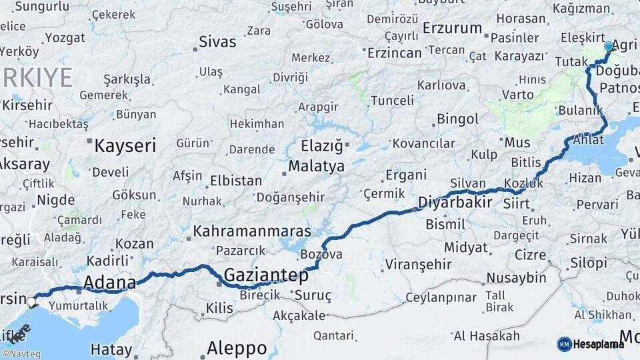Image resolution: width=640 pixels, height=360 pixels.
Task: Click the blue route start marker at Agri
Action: click(608, 47)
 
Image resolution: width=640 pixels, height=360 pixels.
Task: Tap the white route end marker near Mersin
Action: click(32, 302)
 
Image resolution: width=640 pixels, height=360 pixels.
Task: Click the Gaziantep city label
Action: click(266, 275)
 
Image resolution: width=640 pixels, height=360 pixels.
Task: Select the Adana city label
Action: click(109, 282)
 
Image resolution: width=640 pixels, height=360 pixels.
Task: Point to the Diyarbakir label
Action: click(455, 203)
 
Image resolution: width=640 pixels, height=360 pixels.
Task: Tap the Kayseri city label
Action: click(125, 146)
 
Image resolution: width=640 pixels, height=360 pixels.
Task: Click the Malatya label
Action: click(316, 166)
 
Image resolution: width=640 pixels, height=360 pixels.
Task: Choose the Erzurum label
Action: click(452, 28)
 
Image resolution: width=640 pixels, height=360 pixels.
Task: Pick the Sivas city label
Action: click(217, 42)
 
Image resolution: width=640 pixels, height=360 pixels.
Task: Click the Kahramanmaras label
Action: click(251, 231)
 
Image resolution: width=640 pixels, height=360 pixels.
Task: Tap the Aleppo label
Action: click(237, 348)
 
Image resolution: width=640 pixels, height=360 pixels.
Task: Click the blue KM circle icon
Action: click(564, 344)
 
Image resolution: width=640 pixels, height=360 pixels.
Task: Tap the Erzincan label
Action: click(394, 53)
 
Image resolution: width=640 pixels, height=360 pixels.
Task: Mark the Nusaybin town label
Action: click(516, 278)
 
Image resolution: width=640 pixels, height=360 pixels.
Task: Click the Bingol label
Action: click(457, 119)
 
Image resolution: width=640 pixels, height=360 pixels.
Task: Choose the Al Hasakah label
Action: click(486, 335)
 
